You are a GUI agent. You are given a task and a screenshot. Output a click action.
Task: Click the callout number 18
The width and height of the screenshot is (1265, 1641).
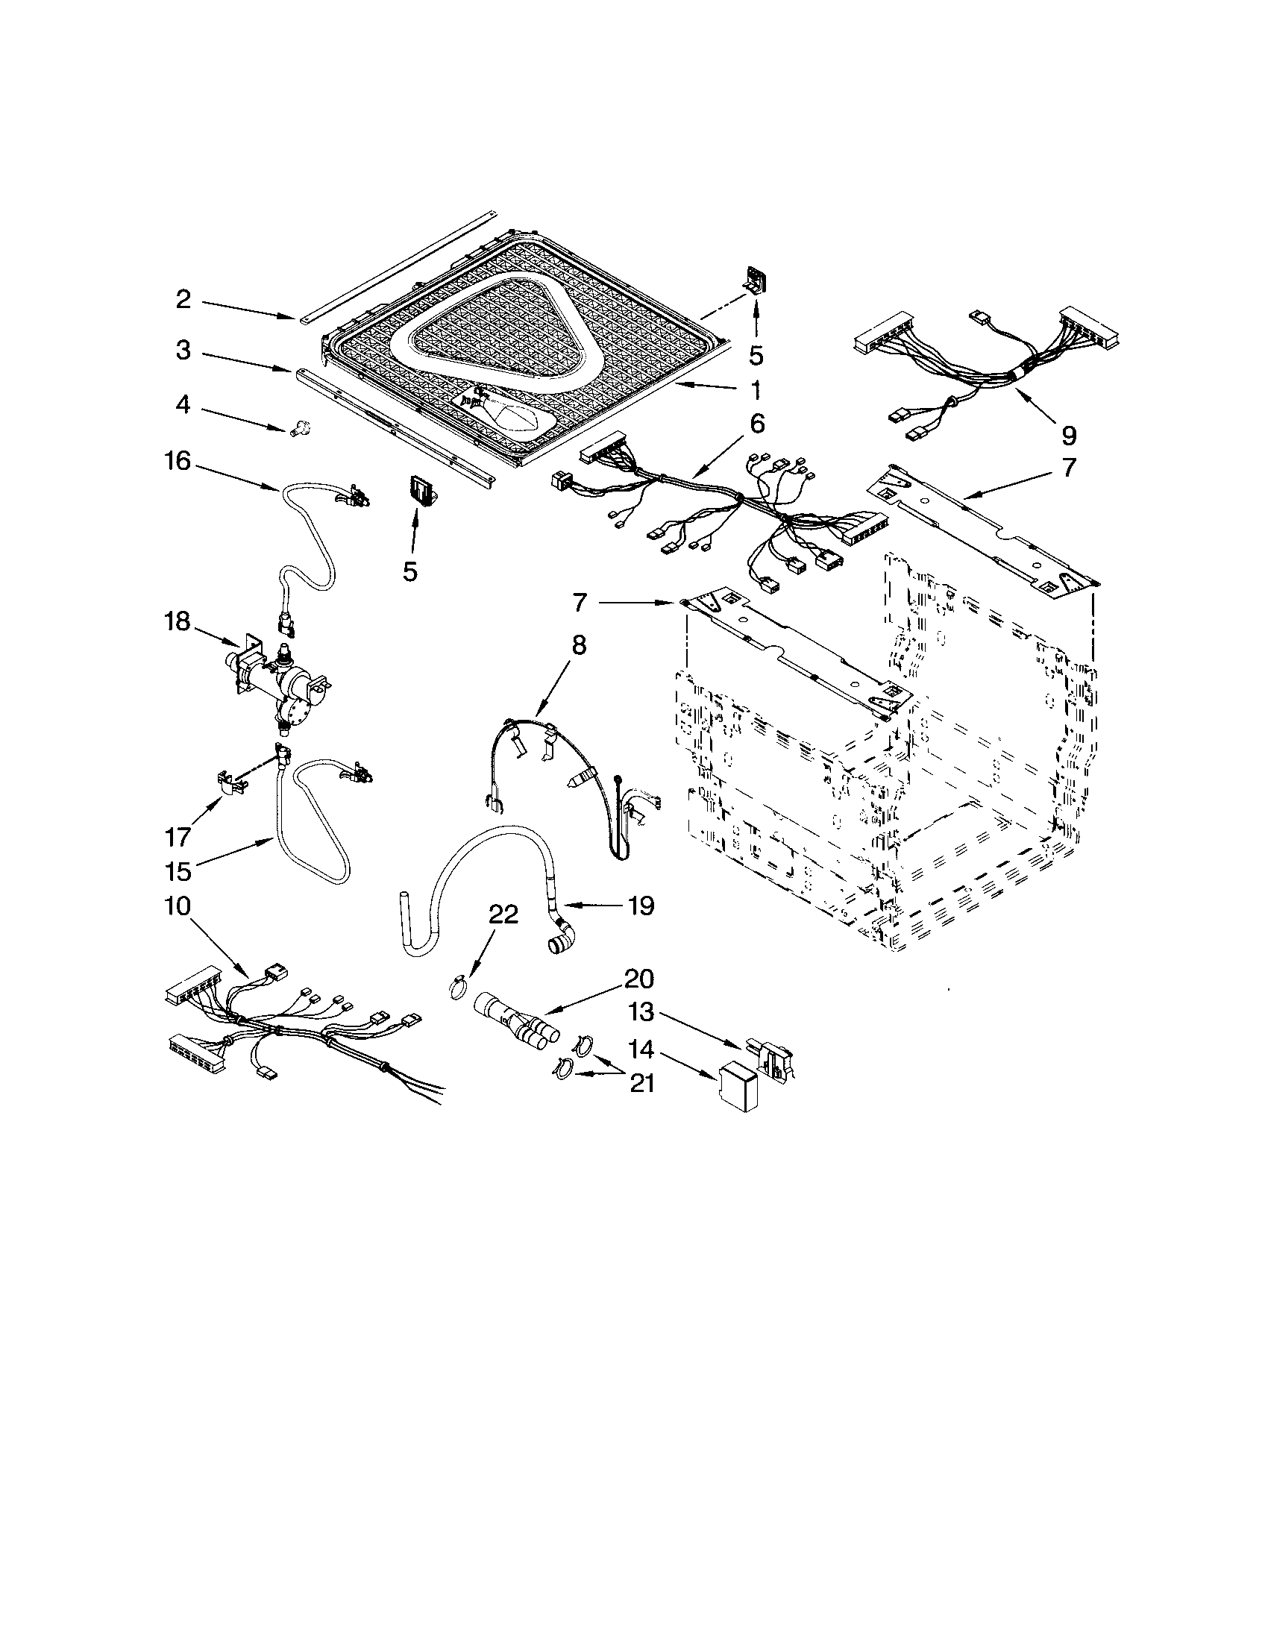point(178,622)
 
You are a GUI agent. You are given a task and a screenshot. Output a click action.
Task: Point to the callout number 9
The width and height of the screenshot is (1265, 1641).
point(1068,435)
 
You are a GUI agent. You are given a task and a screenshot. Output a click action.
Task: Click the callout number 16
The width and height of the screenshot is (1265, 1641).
point(178,460)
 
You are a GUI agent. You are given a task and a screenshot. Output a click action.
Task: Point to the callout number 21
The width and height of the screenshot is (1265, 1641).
point(641,1083)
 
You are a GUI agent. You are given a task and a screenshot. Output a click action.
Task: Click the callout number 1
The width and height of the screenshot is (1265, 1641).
point(755,389)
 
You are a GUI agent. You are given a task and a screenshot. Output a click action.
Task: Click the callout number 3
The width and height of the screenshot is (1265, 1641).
point(183,350)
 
